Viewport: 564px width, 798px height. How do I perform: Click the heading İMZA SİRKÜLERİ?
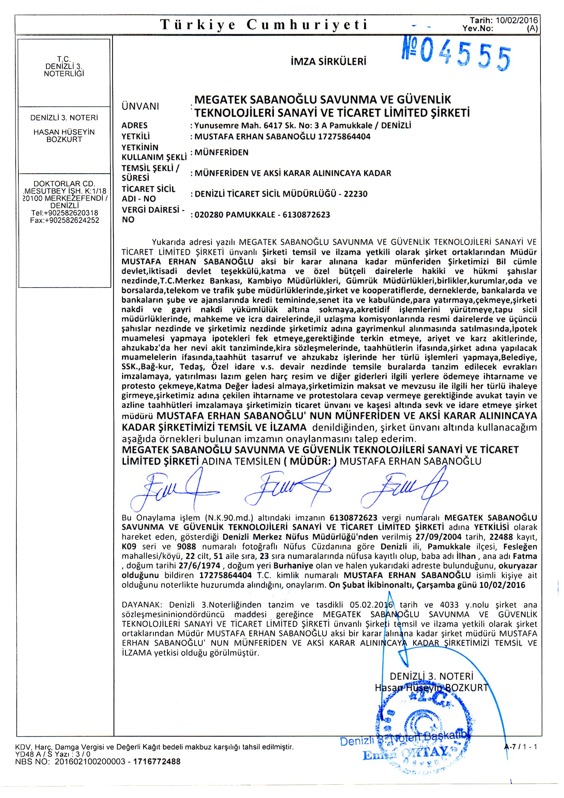click(328, 62)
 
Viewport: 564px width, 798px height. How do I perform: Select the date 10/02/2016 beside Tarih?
click(516, 20)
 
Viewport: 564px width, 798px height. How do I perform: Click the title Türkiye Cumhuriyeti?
click(264, 25)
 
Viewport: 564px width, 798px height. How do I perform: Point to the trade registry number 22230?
click(356, 194)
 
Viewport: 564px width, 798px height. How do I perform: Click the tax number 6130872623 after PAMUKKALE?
click(306, 215)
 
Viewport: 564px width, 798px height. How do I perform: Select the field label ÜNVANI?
click(140, 106)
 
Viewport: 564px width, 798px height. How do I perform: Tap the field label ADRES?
click(134, 126)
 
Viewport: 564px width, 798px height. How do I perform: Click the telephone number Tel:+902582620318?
click(64, 213)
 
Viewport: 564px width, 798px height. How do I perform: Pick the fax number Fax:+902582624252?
click(64, 220)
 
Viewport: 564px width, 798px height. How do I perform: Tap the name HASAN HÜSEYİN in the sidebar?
click(64, 132)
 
